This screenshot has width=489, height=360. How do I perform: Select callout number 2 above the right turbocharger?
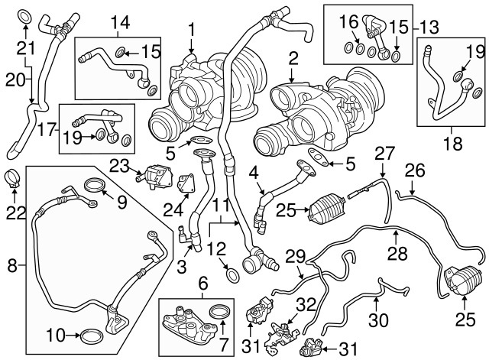[293, 57]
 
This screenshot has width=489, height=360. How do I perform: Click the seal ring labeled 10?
[91, 335]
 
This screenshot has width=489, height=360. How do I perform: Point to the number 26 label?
[413, 170]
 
